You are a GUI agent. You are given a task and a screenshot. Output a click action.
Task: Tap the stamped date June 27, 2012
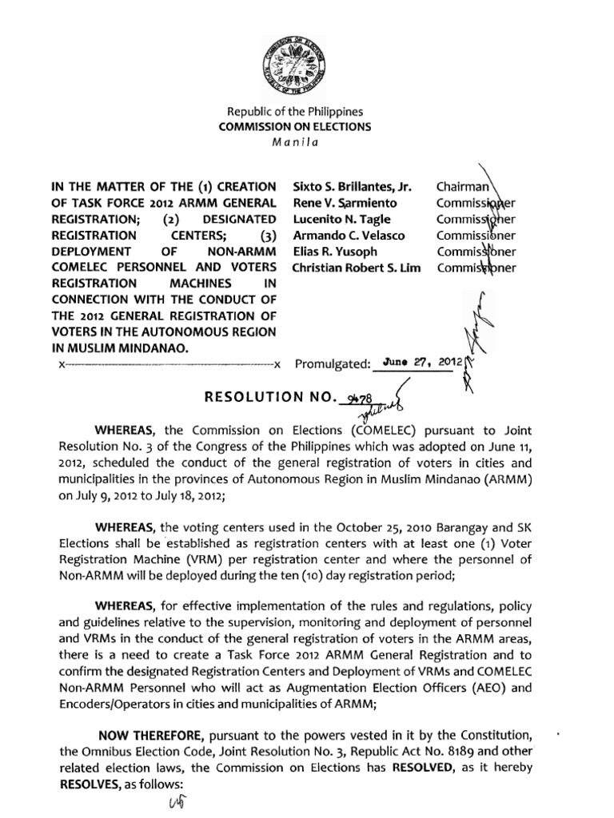[x=418, y=360]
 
